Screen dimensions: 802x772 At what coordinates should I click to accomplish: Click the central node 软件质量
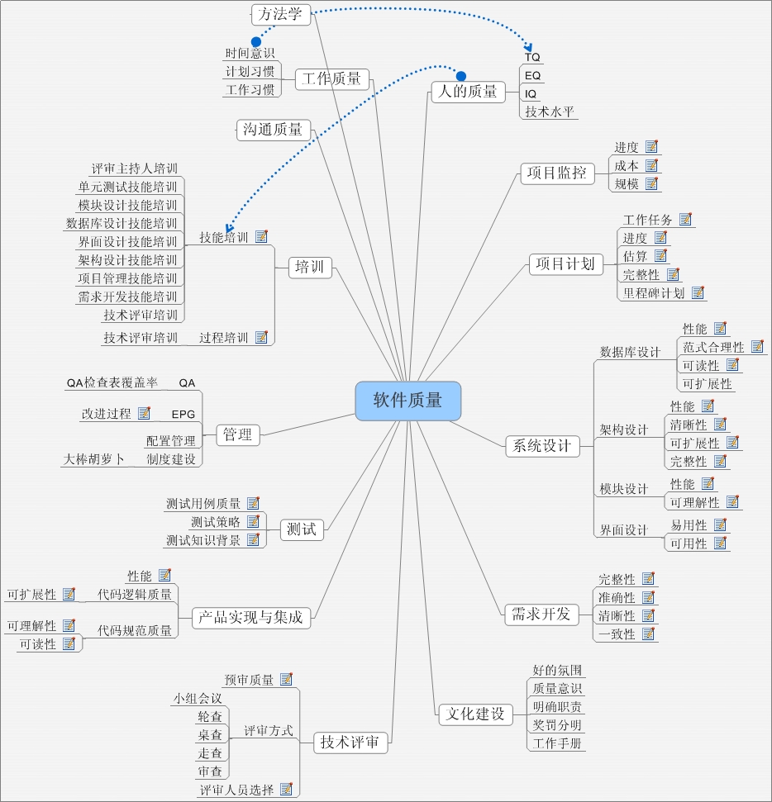pos(407,401)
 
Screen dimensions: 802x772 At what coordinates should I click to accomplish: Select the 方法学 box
pos(280,14)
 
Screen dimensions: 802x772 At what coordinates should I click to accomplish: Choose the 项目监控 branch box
pos(557,173)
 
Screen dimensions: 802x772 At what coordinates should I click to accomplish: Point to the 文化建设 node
pos(475,714)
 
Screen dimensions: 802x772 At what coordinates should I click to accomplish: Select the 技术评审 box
pos(350,743)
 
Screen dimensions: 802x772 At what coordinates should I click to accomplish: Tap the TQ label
pos(532,57)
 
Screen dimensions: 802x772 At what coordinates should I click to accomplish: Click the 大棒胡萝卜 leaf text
pos(93,459)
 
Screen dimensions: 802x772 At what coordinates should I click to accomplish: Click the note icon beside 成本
pos(652,165)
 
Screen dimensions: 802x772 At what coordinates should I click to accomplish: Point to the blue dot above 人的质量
pos(461,76)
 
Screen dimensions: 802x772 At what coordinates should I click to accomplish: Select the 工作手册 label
pos(557,743)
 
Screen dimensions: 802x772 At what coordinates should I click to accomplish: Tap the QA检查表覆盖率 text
pos(112,382)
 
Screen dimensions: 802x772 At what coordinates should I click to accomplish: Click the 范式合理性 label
pos(713,347)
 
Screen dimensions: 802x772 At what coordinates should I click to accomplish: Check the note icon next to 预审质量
pos(287,679)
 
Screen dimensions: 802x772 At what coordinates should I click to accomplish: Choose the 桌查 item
pos(210,734)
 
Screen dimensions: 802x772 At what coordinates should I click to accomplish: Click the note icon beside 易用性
pos(720,524)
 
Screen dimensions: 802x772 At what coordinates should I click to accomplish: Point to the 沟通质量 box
pos(274,130)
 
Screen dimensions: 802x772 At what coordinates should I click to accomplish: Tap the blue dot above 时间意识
pos(256,41)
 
